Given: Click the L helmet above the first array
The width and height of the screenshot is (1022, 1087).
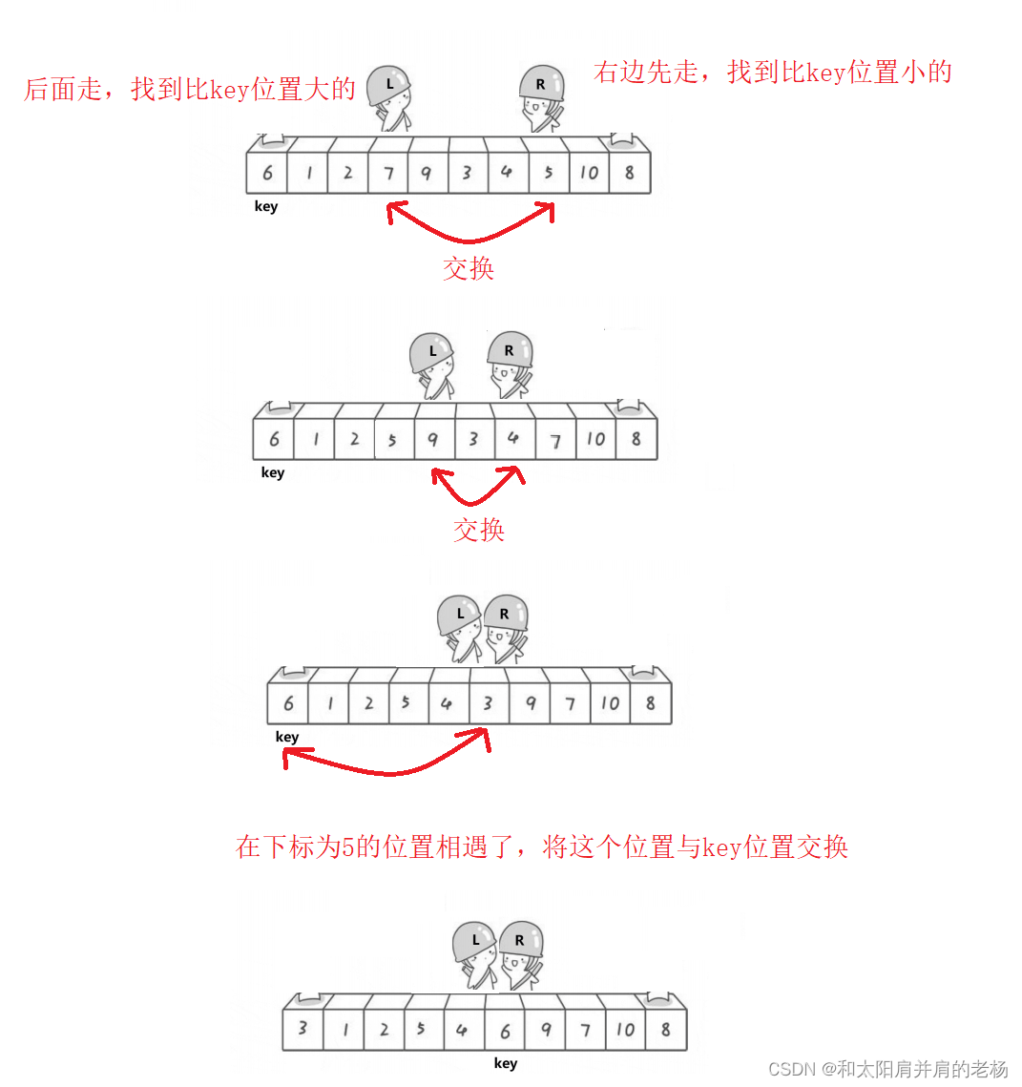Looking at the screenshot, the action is pos(388,84).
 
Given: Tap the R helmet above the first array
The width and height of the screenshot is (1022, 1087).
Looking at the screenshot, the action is pos(541,84).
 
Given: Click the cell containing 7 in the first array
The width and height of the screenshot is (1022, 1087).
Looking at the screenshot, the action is pos(388,173).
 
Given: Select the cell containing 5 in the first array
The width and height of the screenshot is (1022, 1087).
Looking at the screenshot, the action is pos(549,173).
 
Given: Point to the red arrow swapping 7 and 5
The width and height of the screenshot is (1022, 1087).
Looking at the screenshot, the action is pos(469,234).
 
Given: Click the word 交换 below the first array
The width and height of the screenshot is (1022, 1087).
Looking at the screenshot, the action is pos(469,268).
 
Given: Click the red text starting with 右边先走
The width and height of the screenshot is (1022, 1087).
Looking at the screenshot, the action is pos(772,73).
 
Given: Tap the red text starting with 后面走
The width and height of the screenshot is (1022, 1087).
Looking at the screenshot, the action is pos(189,90).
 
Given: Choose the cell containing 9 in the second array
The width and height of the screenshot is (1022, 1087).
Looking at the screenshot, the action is pos(433,439).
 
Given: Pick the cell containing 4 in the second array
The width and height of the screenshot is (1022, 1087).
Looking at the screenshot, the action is pos(513,438).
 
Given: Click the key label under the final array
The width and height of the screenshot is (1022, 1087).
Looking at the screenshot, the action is pos(506,1063).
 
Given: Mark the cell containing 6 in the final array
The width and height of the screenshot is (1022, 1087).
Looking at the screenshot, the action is pos(505,1031).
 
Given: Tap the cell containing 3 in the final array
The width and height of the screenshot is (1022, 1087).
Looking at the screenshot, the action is pos(302,1029).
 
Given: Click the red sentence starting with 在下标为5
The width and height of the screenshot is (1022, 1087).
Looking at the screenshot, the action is pos(541,847).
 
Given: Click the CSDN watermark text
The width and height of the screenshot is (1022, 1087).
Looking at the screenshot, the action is pos(887,1069).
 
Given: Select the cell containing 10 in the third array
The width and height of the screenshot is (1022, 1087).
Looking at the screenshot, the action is pos(610,703).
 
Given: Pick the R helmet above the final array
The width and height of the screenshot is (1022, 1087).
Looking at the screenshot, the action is pos(521,940).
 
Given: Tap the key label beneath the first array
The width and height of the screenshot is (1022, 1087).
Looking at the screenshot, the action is pos(266,206).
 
